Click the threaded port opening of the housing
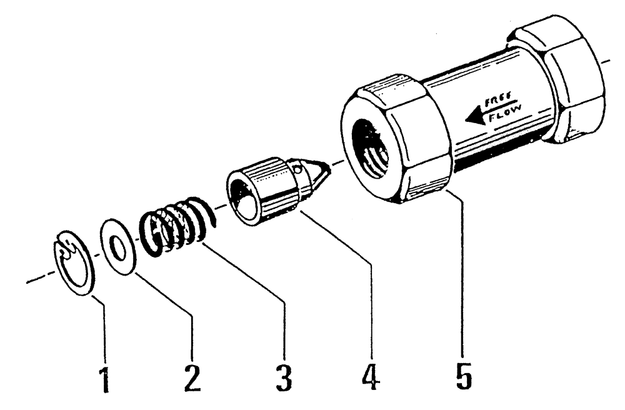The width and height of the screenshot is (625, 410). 372,150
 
